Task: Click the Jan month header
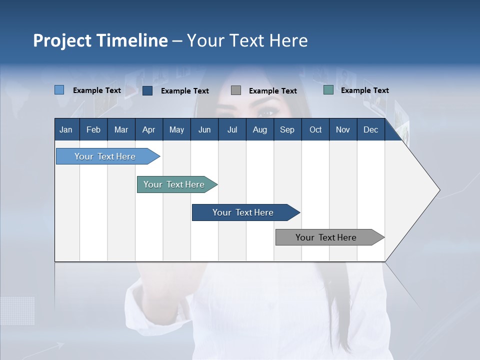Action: click(66, 130)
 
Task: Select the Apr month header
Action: click(148, 130)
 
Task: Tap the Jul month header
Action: click(232, 130)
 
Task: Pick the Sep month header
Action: click(287, 130)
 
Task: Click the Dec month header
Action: click(370, 130)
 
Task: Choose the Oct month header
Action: click(315, 130)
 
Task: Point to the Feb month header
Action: click(93, 130)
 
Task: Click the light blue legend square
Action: click(59, 90)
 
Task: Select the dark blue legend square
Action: click(147, 90)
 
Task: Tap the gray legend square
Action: click(236, 90)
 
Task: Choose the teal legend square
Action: click(328, 90)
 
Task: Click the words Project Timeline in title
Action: click(100, 40)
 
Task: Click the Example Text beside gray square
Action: click(272, 91)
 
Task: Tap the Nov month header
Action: click(343, 130)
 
